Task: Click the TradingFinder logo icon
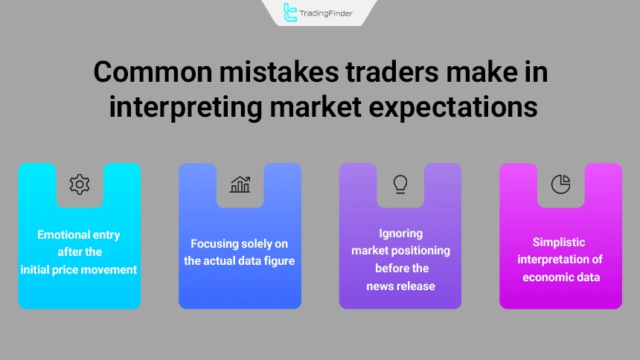(290, 12)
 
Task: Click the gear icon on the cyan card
(79, 184)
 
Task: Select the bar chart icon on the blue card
(240, 184)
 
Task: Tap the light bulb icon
(400, 184)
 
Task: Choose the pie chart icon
(560, 184)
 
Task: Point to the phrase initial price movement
(79, 270)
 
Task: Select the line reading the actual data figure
(240, 260)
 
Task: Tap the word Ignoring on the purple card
(400, 234)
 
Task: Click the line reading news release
(400, 286)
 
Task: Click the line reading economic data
(560, 277)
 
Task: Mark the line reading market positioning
(400, 251)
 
